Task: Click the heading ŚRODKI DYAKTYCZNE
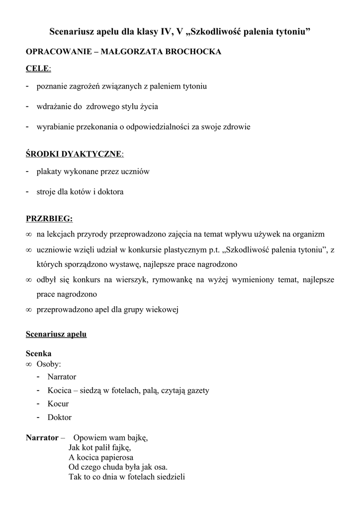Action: (74, 154)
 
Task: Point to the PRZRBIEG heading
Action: (49, 219)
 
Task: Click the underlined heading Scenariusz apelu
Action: (56, 334)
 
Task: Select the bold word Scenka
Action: (38, 354)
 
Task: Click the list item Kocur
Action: (58, 404)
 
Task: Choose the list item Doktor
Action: (60, 418)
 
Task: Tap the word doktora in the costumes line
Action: (111, 191)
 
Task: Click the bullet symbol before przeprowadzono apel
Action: (29, 310)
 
